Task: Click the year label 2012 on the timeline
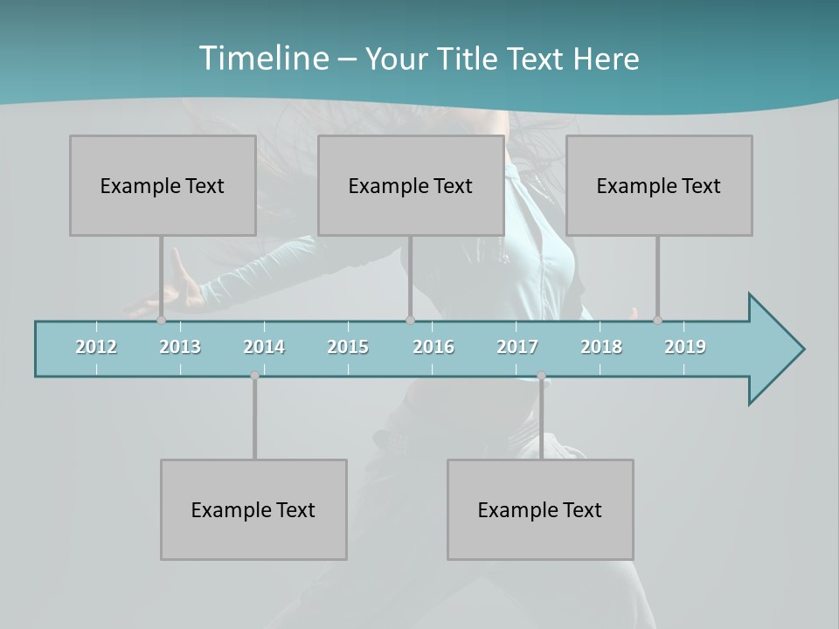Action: [96, 347]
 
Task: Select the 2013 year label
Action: [180, 347]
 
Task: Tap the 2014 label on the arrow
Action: [264, 347]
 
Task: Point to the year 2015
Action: [348, 347]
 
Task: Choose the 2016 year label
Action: [433, 347]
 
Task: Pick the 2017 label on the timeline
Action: [517, 347]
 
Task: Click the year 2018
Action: [601, 347]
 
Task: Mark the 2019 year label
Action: [685, 347]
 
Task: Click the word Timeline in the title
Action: [263, 59]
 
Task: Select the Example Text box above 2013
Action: [163, 185]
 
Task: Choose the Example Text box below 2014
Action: [253, 509]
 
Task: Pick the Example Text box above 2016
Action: [411, 185]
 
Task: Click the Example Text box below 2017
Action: [540, 509]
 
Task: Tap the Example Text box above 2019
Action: [659, 185]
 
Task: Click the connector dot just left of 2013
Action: [161, 321]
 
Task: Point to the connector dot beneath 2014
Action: [254, 376]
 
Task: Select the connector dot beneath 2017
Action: [541, 376]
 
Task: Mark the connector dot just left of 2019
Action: [657, 321]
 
